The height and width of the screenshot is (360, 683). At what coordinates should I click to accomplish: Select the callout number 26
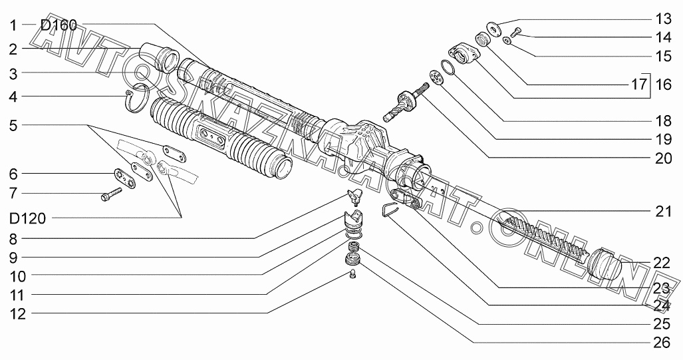click(660, 343)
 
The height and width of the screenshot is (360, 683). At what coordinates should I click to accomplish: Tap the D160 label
click(59, 26)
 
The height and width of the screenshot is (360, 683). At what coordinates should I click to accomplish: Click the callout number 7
click(13, 194)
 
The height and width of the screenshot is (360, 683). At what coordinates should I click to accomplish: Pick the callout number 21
click(660, 212)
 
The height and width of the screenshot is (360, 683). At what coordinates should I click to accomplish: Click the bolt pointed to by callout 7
click(110, 196)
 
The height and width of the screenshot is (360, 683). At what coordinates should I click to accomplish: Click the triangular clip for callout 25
click(389, 210)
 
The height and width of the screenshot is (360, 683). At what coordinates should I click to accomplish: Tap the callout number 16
click(660, 86)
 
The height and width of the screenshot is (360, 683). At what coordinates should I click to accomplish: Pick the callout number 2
click(13, 49)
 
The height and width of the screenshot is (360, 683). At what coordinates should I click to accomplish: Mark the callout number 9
click(13, 257)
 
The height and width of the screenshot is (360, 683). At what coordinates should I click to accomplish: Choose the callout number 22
click(660, 263)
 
